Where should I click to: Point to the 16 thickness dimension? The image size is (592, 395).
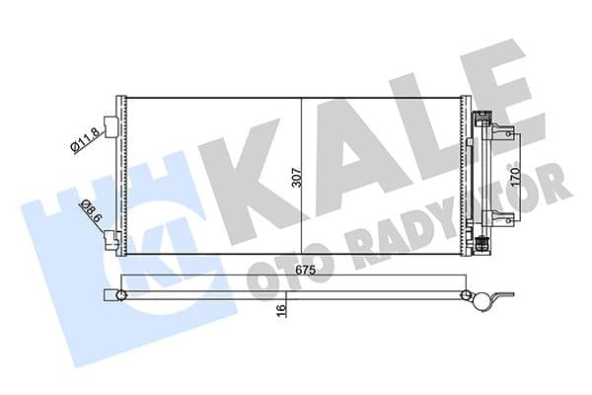coord(282,309)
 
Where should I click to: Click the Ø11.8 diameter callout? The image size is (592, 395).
coord(83,138)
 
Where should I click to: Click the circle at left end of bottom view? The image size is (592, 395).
coord(120,295)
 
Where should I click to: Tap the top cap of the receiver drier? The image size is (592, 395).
coord(482,119)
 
